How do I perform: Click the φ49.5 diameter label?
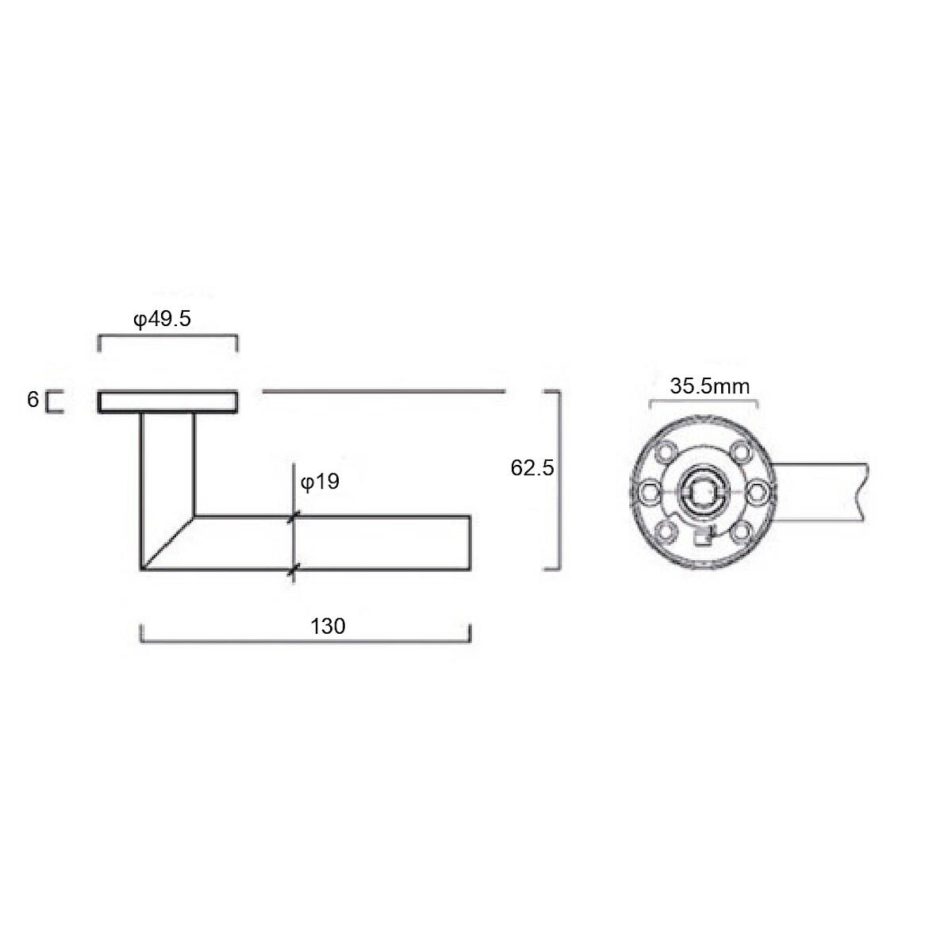162,319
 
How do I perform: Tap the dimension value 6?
33,399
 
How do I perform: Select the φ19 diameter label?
321,482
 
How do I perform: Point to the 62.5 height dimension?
532,468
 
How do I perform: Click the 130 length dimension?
328,627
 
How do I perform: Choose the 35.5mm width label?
709,386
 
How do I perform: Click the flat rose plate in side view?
168,401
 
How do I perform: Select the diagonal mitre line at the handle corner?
168,543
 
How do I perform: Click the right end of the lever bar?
470,543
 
